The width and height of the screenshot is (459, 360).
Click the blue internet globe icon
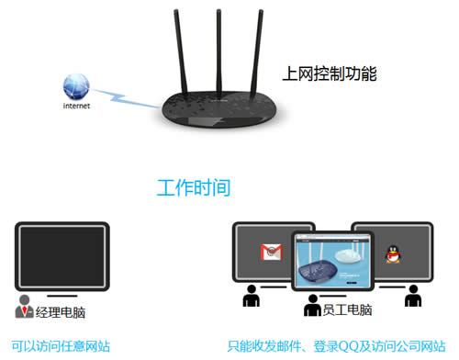(75, 87)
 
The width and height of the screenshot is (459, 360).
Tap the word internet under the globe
(76, 107)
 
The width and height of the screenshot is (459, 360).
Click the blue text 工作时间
(193, 188)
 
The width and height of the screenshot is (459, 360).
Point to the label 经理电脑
(62, 312)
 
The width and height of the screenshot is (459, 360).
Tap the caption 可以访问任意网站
(61, 346)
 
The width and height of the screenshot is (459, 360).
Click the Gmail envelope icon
(270, 252)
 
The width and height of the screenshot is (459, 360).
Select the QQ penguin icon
(392, 251)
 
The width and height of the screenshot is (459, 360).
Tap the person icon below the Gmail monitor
(250, 297)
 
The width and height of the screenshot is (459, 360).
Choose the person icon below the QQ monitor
(412, 297)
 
